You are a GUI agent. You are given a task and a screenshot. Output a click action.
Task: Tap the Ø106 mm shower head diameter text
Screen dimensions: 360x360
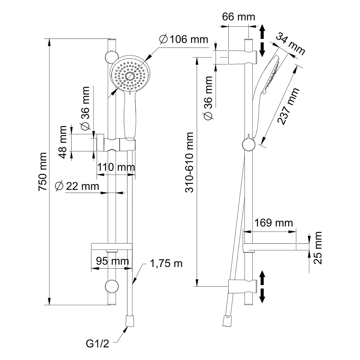point(183,39)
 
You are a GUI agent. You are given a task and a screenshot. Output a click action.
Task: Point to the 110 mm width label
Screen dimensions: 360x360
point(116,167)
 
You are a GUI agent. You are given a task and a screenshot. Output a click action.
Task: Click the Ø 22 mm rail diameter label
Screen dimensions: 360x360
point(77,186)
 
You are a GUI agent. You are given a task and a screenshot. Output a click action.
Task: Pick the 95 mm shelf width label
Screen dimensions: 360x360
point(110,261)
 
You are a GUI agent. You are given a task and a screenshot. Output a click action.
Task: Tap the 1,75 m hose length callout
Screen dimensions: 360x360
point(166,264)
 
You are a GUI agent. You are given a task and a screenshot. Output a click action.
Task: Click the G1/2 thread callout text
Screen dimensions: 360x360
point(97,343)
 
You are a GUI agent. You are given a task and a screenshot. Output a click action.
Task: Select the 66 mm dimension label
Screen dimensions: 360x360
point(238,17)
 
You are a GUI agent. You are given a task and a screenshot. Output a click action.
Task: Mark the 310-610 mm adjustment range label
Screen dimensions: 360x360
point(190,162)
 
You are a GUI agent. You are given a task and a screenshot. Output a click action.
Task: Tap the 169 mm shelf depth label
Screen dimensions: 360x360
point(273,223)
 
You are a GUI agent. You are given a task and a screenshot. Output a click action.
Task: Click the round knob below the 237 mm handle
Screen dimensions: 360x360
point(248,145)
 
